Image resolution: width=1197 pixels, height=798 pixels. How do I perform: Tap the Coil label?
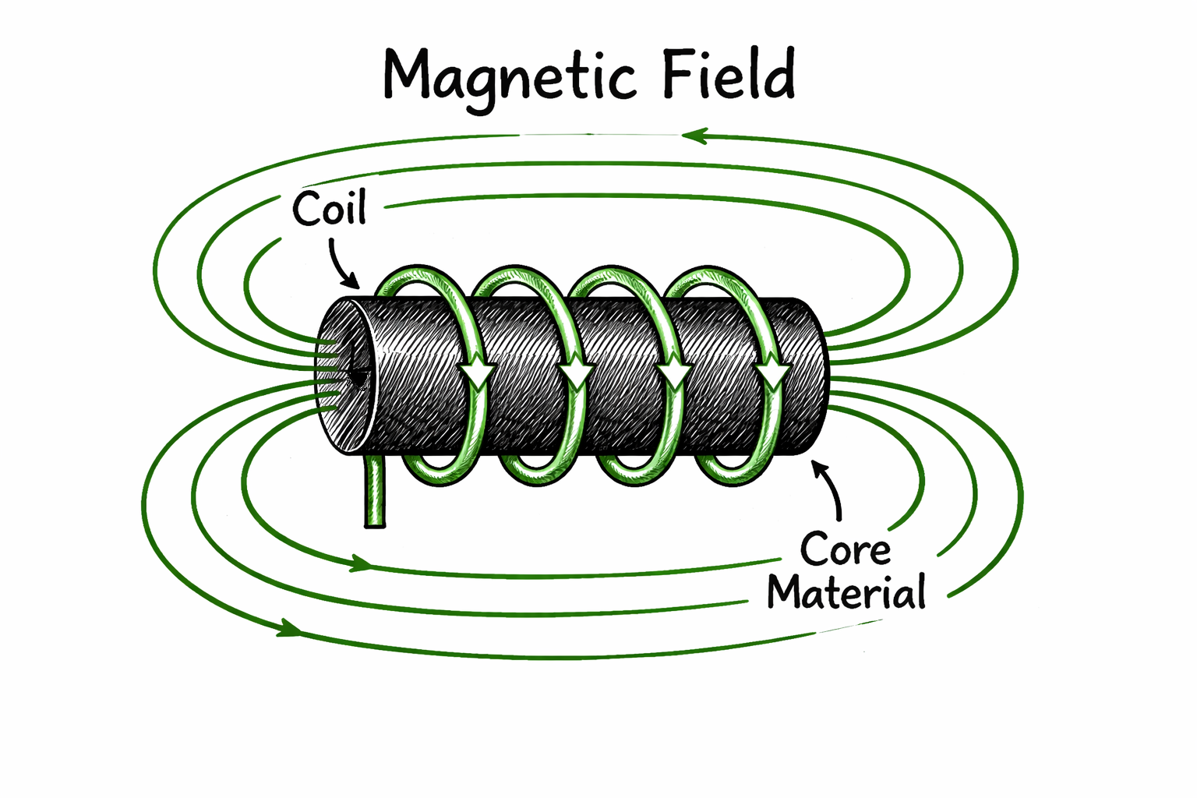(x=329, y=209)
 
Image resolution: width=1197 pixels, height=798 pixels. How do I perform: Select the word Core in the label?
(x=846, y=549)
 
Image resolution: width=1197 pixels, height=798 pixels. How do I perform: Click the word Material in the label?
(x=846, y=593)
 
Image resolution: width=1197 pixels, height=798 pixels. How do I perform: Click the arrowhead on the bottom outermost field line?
(x=289, y=628)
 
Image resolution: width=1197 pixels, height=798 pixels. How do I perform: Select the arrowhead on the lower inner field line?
(x=360, y=563)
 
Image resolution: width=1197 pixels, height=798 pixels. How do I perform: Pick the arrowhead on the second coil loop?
(x=576, y=375)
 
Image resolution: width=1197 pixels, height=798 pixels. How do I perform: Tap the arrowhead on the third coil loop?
(x=674, y=375)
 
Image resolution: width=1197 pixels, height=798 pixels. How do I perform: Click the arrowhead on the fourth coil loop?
(x=773, y=375)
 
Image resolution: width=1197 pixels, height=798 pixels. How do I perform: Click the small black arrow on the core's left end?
(x=358, y=377)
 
